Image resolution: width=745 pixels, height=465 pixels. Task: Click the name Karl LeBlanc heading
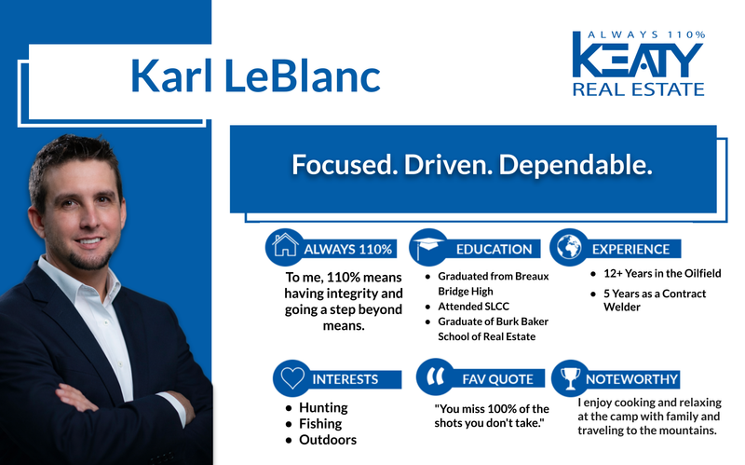click(x=255, y=75)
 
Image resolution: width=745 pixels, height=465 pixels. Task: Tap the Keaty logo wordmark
click(x=638, y=59)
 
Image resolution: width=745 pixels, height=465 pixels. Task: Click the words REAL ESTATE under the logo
click(x=638, y=89)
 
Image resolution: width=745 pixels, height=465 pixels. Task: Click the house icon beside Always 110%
click(x=284, y=247)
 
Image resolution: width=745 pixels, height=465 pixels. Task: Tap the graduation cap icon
click(x=427, y=247)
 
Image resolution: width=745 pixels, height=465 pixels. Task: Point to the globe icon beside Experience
click(x=567, y=247)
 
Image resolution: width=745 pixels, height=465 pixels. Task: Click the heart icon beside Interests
click(x=291, y=378)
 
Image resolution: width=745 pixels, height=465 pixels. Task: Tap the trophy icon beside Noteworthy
click(x=567, y=378)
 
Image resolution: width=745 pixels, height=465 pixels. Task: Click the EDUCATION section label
click(x=494, y=249)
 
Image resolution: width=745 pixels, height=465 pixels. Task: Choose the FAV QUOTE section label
click(x=497, y=379)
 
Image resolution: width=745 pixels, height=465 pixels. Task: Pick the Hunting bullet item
click(x=323, y=407)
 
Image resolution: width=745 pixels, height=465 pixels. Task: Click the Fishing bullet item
click(x=322, y=423)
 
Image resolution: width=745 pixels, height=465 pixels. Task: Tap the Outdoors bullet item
click(x=327, y=440)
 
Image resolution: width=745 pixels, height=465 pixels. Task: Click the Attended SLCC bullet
click(x=474, y=307)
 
